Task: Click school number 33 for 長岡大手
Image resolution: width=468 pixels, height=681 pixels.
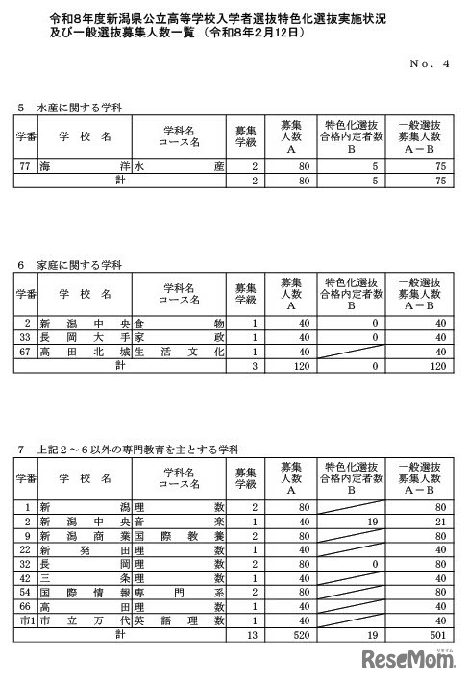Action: coord(28,338)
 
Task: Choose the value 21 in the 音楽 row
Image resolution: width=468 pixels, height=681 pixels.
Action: coord(438,521)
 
